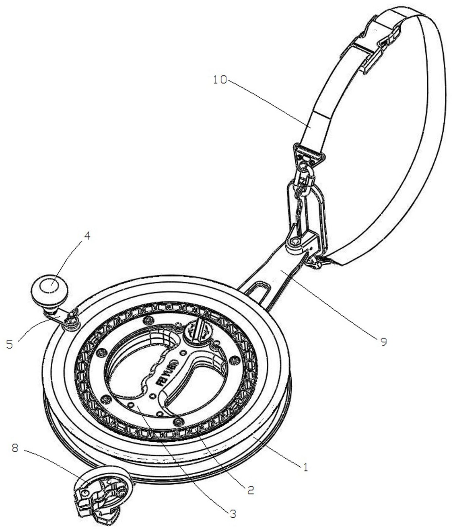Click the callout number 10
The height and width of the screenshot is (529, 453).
(220, 80)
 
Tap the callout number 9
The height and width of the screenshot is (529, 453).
(383, 342)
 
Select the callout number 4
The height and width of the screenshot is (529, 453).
(87, 236)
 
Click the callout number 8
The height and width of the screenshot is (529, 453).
(15, 447)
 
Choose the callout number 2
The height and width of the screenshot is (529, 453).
(250, 490)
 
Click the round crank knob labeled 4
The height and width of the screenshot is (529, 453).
(50, 289)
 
